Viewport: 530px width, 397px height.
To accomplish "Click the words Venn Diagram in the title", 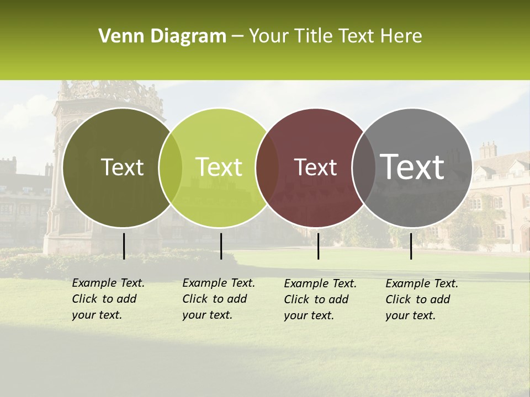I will tap(162, 36).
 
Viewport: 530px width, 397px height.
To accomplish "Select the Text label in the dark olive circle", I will tap(122, 168).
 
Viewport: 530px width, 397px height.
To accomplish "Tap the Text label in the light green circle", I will tap(219, 168).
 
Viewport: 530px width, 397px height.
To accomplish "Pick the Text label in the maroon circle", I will tap(316, 168).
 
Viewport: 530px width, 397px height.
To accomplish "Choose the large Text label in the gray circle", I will tap(412, 167).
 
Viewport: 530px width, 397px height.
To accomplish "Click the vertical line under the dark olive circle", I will tap(124, 246).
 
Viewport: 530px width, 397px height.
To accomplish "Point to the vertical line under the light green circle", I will tap(221, 246).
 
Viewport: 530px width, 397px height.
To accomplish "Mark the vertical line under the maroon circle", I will tap(318, 246).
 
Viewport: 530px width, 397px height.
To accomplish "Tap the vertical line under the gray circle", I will tap(411, 246).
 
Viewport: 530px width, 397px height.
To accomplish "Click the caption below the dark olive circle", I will tap(108, 299).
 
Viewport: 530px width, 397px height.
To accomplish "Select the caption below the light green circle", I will tap(219, 299).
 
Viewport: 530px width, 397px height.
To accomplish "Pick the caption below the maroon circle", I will tap(320, 299).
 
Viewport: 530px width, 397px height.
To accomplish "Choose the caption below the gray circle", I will tap(422, 299).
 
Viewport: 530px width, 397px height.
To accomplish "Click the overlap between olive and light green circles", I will tap(171, 168).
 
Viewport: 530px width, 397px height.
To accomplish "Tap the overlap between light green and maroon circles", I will tap(267, 168).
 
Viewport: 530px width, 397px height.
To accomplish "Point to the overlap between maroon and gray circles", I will tap(362, 168).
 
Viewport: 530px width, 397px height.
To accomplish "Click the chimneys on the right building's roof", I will tap(487, 150).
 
